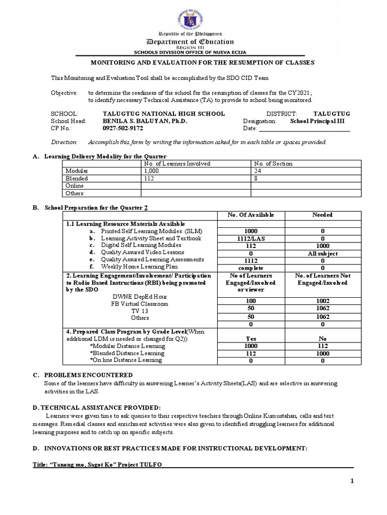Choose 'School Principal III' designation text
319,121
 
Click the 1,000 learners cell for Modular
152,171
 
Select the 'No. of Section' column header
273,163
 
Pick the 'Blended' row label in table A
77,179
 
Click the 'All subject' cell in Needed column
322,253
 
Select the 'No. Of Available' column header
251,215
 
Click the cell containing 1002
322,300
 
